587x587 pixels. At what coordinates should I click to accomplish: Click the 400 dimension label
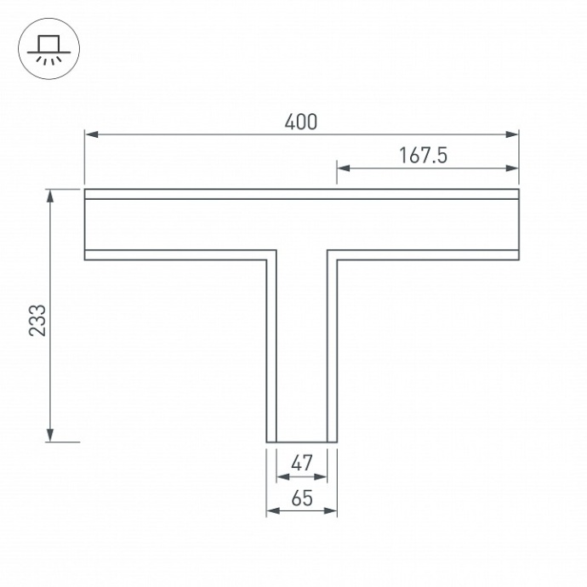tap(301, 122)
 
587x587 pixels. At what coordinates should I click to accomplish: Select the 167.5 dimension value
tap(423, 155)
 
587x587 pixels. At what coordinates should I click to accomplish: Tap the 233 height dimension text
tap(37, 319)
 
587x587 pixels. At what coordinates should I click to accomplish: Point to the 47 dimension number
tap(302, 464)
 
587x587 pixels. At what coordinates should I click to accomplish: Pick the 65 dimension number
tap(302, 499)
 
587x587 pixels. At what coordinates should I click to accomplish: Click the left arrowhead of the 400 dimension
tap(89, 134)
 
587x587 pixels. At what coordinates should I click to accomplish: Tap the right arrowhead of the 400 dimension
tap(513, 134)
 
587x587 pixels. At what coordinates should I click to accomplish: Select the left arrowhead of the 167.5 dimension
tap(342, 168)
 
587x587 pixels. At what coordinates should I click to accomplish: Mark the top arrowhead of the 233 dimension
tap(51, 195)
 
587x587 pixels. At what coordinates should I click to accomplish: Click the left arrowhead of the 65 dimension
tap(271, 511)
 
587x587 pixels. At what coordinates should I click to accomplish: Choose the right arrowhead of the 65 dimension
tap(333, 511)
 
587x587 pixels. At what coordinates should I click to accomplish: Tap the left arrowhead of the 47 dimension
tap(282, 476)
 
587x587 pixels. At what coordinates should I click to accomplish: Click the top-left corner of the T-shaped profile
tap(85, 190)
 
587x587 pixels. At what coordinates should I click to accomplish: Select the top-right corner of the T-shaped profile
tap(518, 190)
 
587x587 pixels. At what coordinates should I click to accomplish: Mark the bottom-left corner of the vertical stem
tap(267, 442)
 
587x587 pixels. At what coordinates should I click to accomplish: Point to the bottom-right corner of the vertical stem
tap(337, 442)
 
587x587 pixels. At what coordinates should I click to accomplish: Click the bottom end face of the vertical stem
tap(302, 442)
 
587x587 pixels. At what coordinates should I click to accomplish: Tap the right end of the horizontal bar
tap(517, 224)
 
